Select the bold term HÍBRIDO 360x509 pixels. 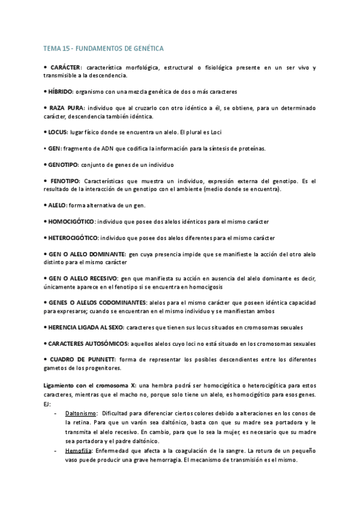coord(60,92)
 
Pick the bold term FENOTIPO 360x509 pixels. coord(65,180)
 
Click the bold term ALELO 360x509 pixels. coord(57,205)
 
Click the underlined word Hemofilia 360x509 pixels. coord(79,450)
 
